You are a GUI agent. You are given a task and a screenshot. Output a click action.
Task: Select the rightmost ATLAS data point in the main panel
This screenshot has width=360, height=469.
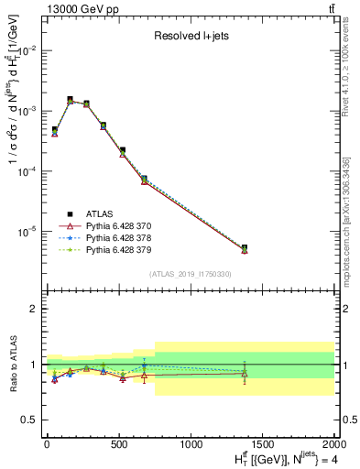tap(245, 247)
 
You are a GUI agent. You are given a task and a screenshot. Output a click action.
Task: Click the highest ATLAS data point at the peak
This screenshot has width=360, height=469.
tap(70, 99)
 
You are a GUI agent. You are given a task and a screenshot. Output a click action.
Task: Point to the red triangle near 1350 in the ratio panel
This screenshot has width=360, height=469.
tap(245, 373)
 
